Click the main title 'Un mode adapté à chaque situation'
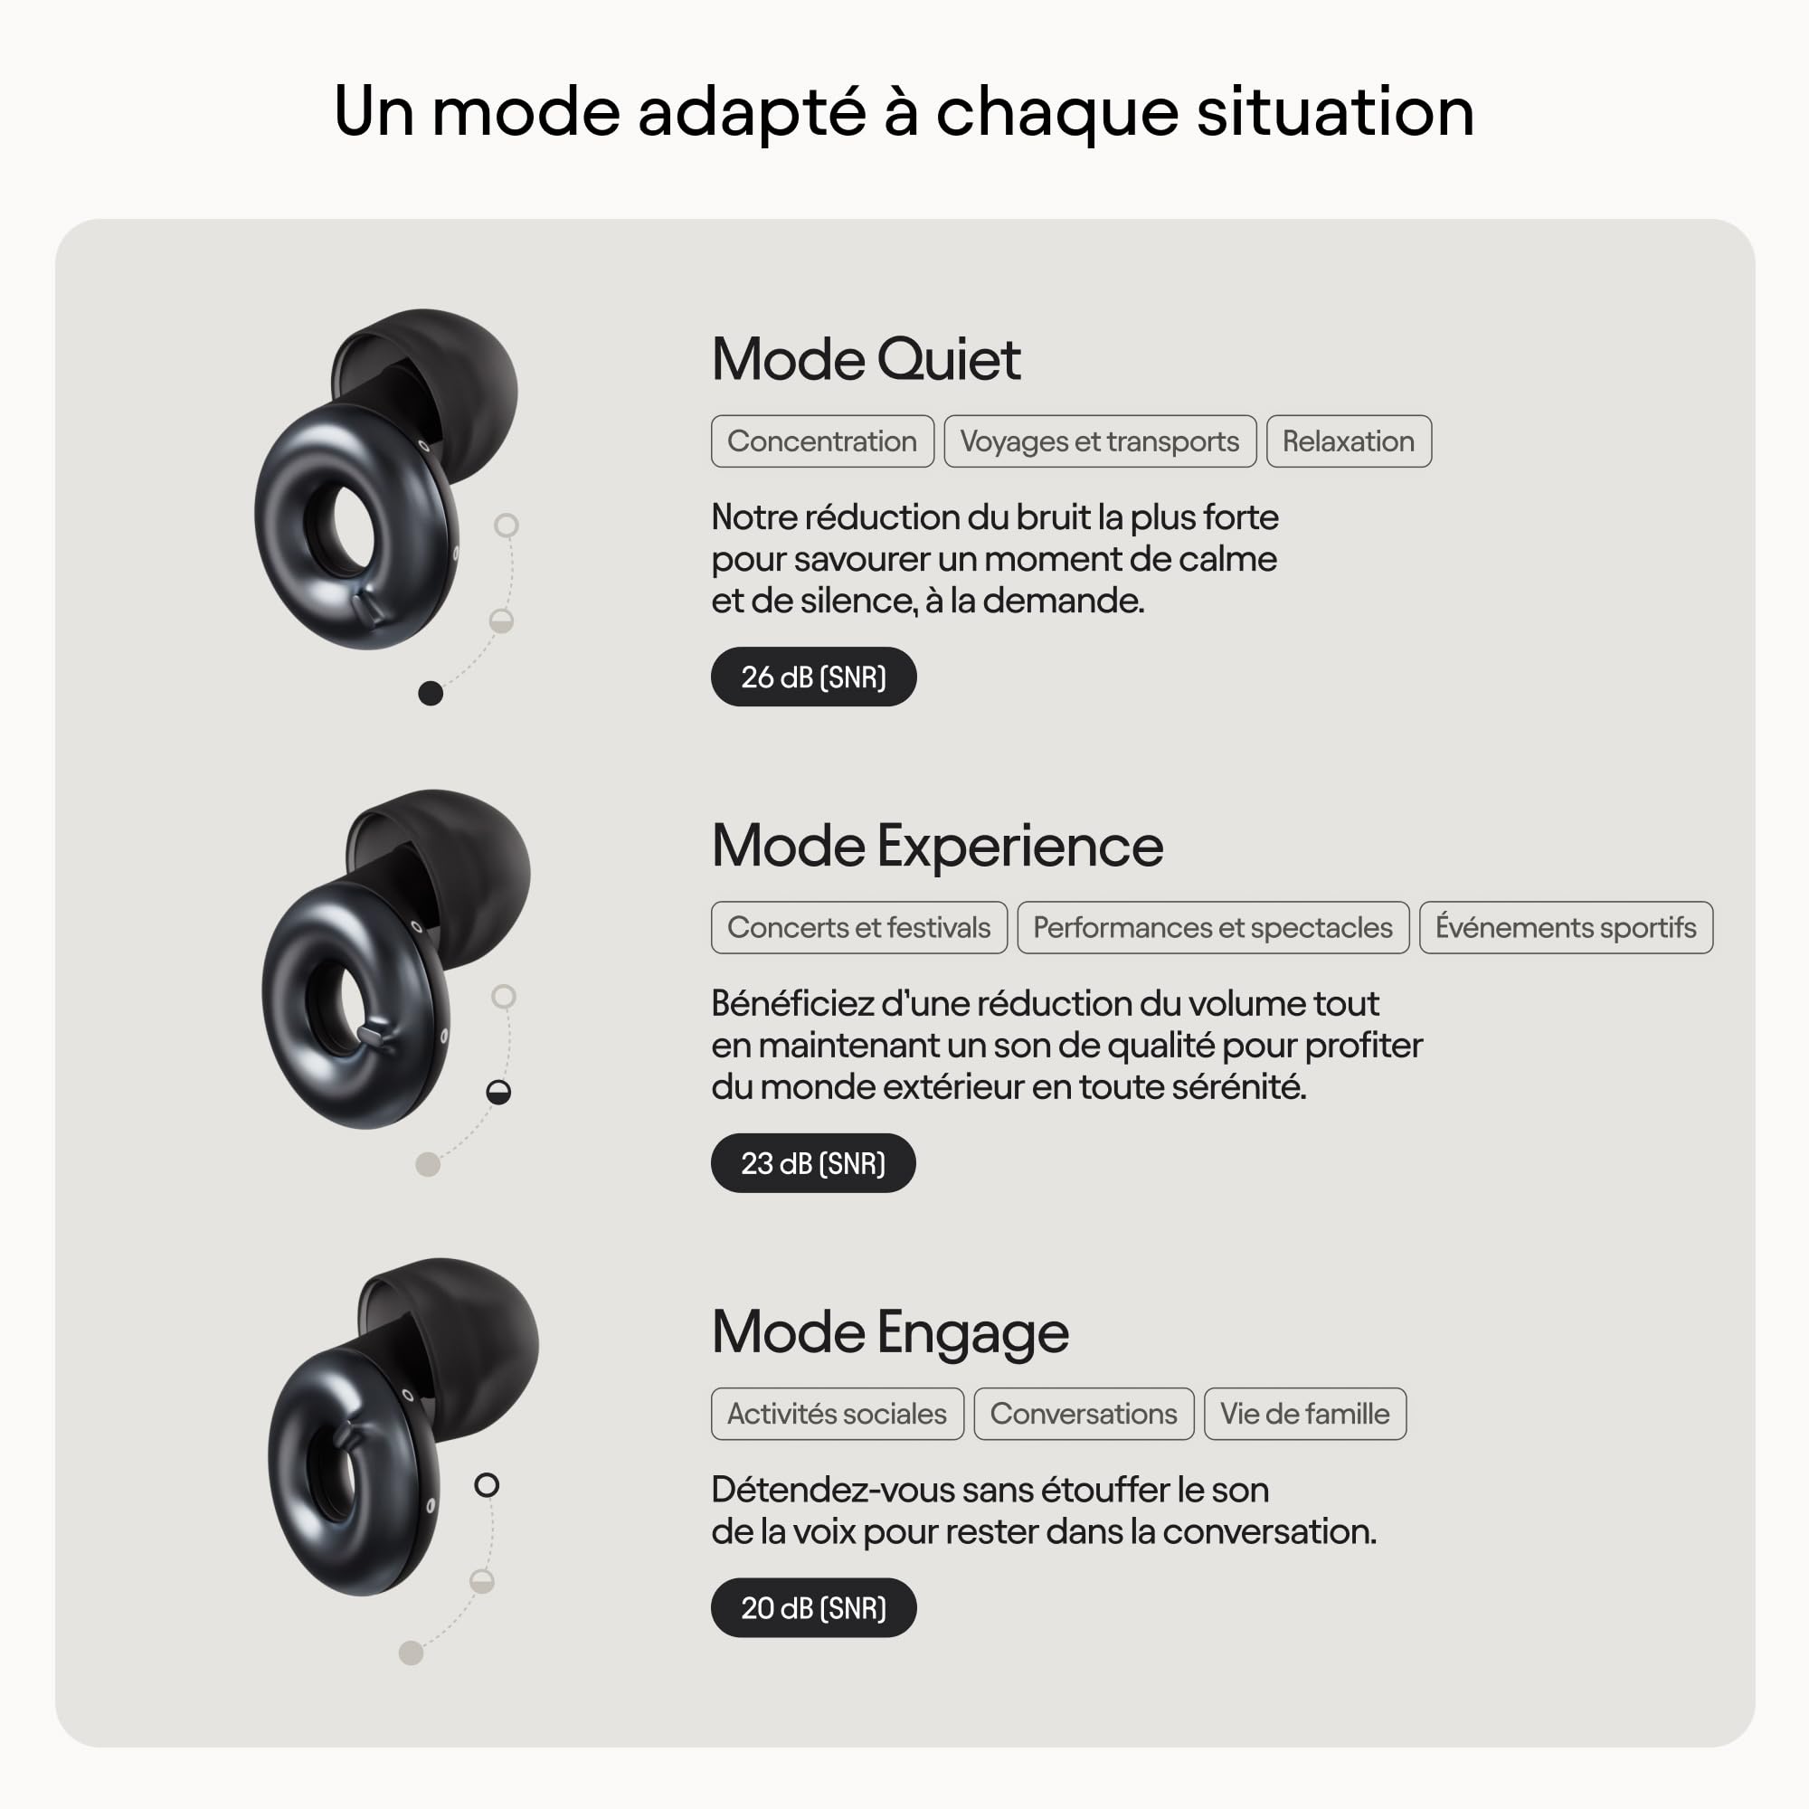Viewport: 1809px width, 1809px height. (904, 111)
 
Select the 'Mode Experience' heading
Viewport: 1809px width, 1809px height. (936, 846)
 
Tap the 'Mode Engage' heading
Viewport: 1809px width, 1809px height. (889, 1331)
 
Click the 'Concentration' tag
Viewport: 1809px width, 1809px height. (822, 441)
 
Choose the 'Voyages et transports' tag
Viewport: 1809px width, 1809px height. (1099, 441)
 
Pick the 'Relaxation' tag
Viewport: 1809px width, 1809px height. (1349, 441)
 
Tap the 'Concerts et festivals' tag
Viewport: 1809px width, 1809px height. (858, 927)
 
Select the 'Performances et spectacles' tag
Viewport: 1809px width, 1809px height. (1213, 927)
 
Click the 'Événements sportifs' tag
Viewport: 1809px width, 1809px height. (1566, 927)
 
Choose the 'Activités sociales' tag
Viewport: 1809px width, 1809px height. (837, 1413)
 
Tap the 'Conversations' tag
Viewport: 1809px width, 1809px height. (1084, 1413)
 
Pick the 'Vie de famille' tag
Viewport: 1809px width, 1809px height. (1304, 1413)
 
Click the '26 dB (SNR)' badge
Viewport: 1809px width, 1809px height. (813, 676)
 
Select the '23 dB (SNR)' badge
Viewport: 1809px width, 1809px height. (813, 1163)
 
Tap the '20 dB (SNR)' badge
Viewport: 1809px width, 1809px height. (813, 1607)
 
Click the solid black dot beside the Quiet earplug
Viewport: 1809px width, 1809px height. (431, 693)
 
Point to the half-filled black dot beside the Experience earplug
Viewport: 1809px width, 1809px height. (499, 1092)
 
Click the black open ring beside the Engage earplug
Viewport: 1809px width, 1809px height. (487, 1485)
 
